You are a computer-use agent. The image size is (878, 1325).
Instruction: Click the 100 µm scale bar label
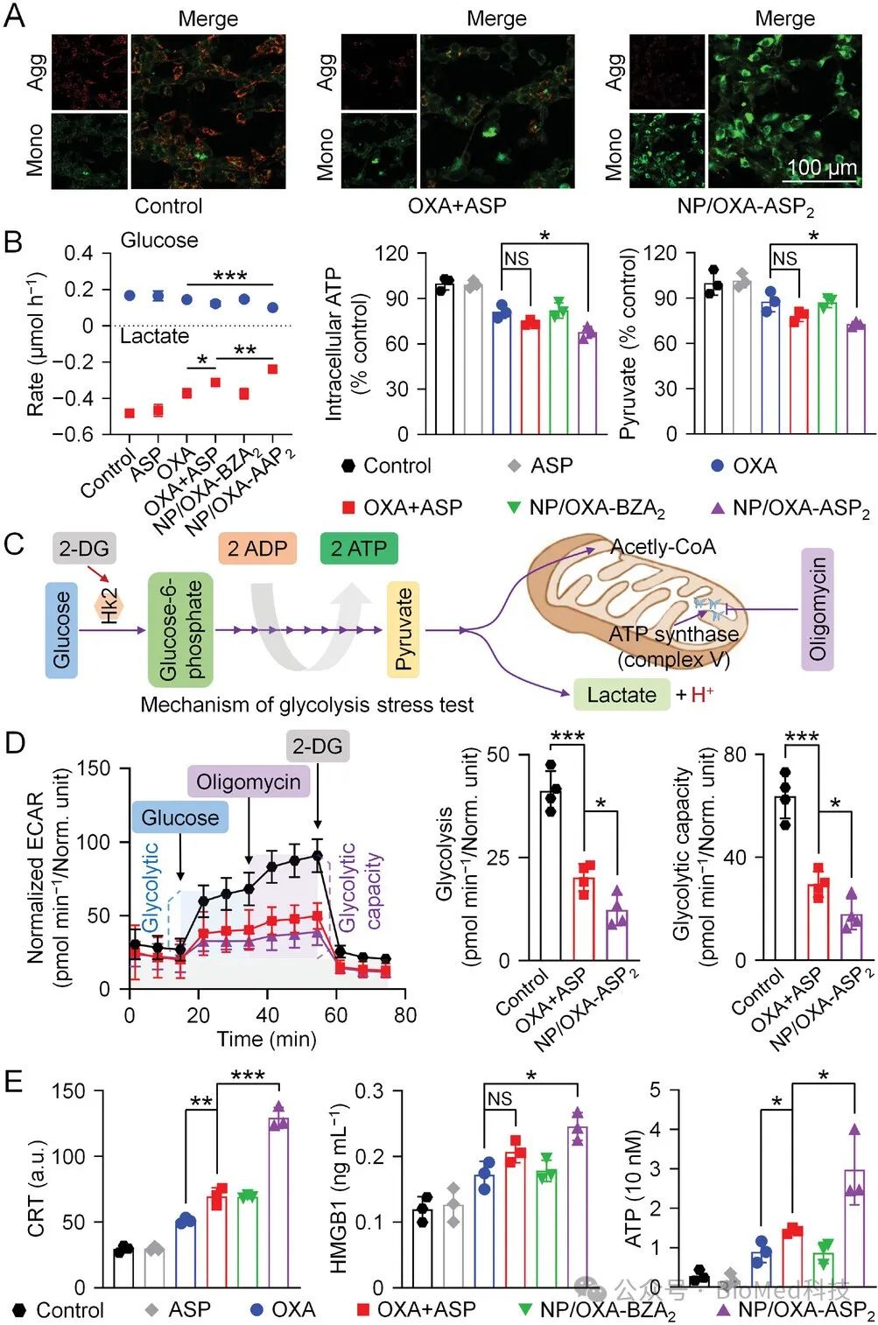821,167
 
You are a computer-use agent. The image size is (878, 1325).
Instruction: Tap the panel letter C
14,544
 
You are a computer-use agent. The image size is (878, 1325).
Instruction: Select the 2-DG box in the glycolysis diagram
83,549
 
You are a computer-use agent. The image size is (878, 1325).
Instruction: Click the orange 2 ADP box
257,549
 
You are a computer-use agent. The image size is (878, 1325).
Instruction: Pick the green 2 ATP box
359,549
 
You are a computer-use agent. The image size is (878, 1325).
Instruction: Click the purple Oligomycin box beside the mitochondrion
818,609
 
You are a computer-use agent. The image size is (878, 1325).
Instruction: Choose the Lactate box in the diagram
622,695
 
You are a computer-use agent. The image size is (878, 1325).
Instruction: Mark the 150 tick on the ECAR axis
94,768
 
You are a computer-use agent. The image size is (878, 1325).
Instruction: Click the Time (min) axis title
266,1039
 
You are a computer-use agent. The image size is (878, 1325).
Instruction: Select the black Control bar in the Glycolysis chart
551,875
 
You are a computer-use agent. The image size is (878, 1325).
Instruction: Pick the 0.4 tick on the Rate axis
79,254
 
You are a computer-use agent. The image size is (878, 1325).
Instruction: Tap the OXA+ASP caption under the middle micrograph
457,207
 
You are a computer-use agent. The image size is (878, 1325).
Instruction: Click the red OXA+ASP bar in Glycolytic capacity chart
818,922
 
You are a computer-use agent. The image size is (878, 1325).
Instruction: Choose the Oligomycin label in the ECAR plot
249,782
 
